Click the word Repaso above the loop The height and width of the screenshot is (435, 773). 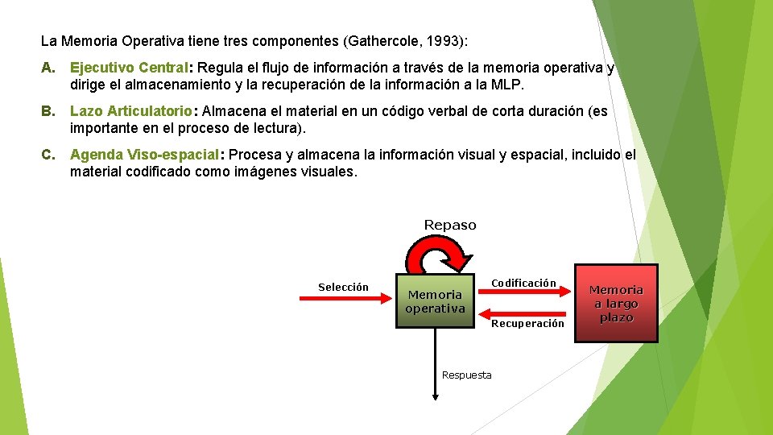[450, 226]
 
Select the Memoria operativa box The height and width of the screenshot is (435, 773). [435, 300]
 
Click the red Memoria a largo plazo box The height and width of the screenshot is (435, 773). [616, 303]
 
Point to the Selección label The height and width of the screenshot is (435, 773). [343, 288]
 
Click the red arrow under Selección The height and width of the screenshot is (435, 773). [345, 297]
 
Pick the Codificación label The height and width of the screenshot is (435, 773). [523, 283]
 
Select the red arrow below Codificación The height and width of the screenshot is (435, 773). [523, 294]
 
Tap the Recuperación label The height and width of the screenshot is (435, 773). [527, 323]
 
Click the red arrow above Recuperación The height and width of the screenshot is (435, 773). [523, 312]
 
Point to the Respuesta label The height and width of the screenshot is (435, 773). [467, 375]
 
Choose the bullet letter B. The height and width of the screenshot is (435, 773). [48, 112]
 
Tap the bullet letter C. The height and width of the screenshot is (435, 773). [48, 155]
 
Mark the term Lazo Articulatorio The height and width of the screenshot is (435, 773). [130, 112]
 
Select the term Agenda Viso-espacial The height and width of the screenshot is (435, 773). [144, 155]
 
